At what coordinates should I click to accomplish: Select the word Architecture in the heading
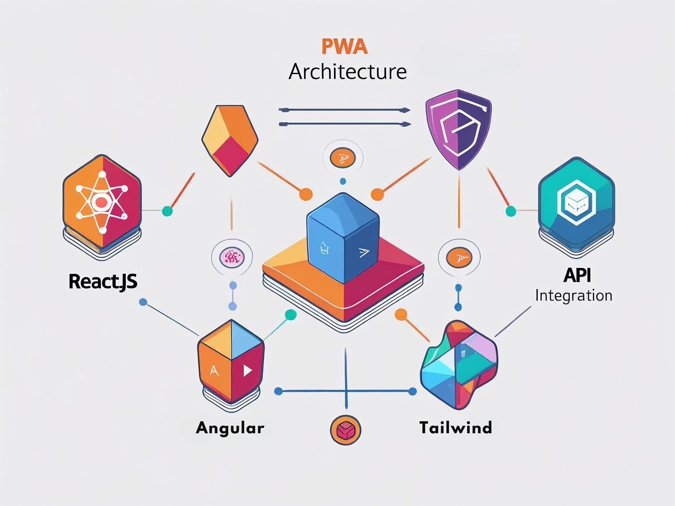coord(348,72)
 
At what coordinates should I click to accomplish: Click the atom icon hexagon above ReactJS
coord(102,202)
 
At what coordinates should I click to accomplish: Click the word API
coord(577,275)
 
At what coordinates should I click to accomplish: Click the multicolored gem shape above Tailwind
coord(459,364)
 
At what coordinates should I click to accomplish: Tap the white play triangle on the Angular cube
coord(247,371)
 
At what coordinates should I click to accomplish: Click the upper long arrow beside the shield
coord(345,110)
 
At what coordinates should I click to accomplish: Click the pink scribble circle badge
coord(232,258)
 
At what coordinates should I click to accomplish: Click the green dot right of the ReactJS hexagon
coord(167,211)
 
